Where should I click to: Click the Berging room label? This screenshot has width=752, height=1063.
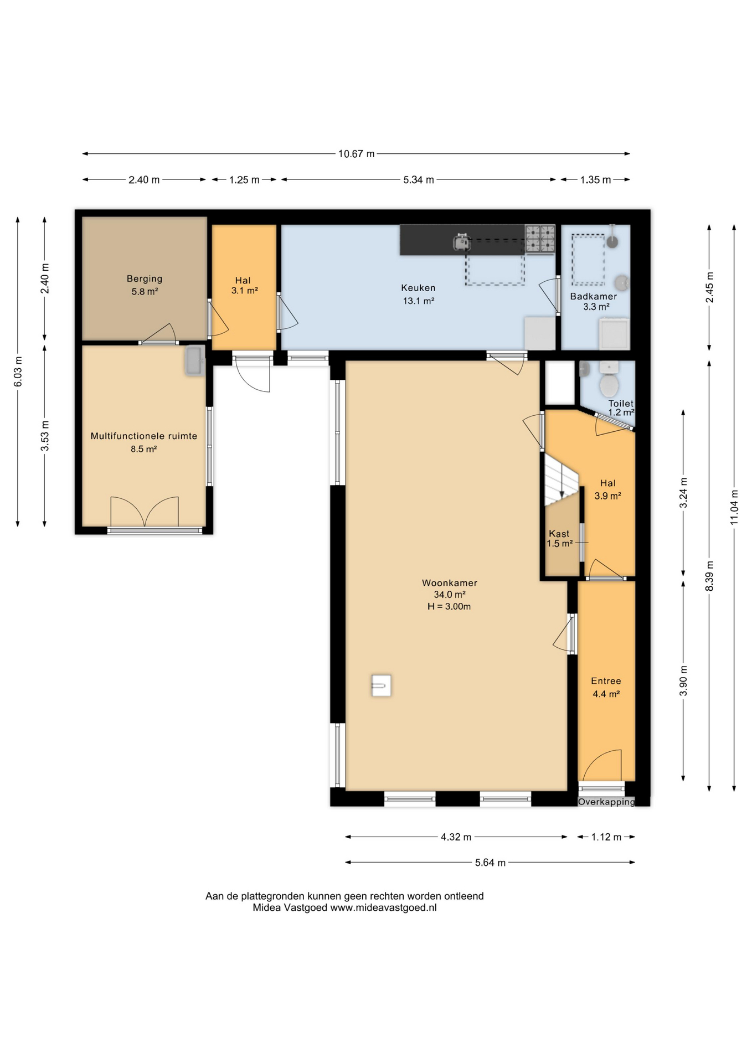(145, 278)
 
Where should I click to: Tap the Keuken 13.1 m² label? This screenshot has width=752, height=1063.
(418, 295)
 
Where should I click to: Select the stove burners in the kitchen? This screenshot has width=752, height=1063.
(540, 239)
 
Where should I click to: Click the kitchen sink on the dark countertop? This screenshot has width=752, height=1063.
(462, 241)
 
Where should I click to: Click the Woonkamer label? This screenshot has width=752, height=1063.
(449, 582)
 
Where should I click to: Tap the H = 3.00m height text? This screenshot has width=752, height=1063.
(449, 606)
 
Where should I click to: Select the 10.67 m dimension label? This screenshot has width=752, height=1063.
(356, 154)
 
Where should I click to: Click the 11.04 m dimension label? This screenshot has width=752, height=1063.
(734, 507)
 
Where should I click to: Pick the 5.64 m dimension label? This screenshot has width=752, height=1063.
(490, 863)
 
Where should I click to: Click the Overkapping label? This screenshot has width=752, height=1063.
(606, 802)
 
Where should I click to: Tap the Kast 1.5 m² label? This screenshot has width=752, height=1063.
(559, 538)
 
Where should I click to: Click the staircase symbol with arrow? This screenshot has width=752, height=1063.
(562, 479)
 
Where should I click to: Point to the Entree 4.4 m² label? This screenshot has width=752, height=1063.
(606, 687)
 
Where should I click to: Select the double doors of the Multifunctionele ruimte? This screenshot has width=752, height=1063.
(145, 512)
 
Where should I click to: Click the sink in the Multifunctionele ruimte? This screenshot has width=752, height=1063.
(194, 361)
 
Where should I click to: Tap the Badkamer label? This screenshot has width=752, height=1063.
(594, 296)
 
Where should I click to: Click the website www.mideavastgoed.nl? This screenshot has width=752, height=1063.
(383, 907)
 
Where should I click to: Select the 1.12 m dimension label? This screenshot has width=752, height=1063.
(606, 837)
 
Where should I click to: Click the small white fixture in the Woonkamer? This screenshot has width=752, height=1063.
(381, 685)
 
